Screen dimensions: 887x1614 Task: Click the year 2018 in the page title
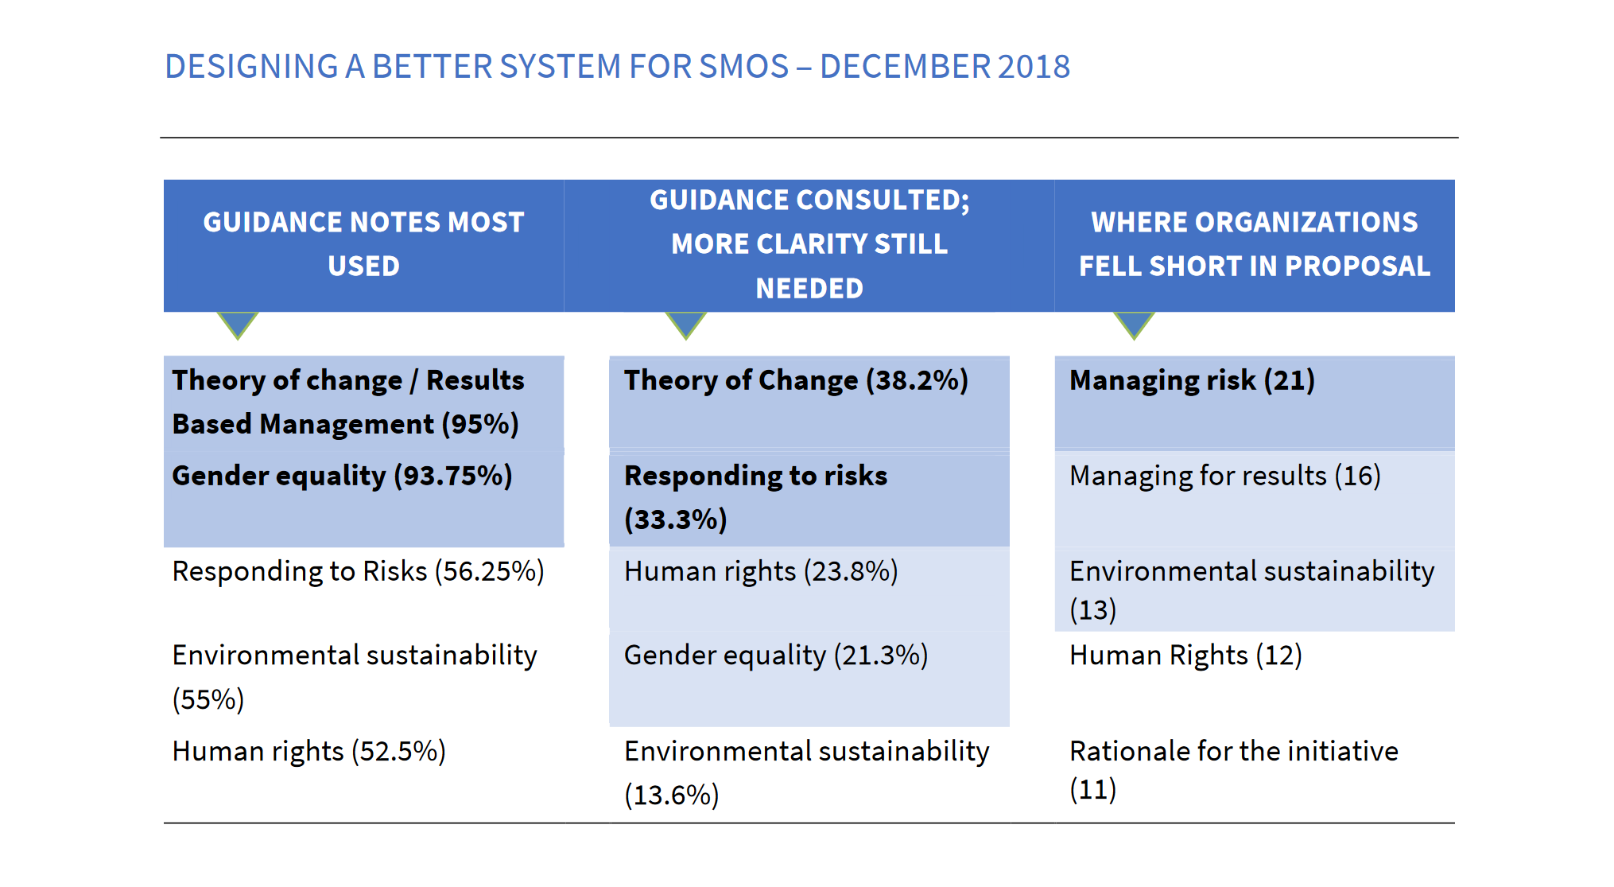tap(1033, 67)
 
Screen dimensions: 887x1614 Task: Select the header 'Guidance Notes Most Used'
tap(363, 244)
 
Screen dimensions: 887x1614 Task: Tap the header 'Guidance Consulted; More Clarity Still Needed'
tap(809, 244)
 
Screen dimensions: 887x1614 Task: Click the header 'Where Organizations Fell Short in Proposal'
tap(1254, 244)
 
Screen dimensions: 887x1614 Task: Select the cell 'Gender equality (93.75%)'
tap(342, 476)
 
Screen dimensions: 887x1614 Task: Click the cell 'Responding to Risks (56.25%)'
tap(358, 571)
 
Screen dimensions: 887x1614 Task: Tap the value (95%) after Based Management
tap(480, 424)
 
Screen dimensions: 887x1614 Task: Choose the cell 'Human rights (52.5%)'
tap(308, 751)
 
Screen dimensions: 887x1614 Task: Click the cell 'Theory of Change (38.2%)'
tap(796, 380)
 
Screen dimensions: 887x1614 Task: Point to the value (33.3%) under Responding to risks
tap(675, 519)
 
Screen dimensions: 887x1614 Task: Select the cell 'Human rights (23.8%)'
tap(761, 571)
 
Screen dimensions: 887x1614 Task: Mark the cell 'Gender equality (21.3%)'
tap(775, 656)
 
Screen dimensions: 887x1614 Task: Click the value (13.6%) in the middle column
tap(671, 795)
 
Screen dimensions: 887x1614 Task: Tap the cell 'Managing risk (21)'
tap(1192, 380)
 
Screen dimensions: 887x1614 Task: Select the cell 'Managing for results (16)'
tap(1224, 476)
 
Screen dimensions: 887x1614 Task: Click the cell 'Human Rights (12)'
tap(1185, 656)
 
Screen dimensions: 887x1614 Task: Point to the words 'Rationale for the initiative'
tap(1233, 751)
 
